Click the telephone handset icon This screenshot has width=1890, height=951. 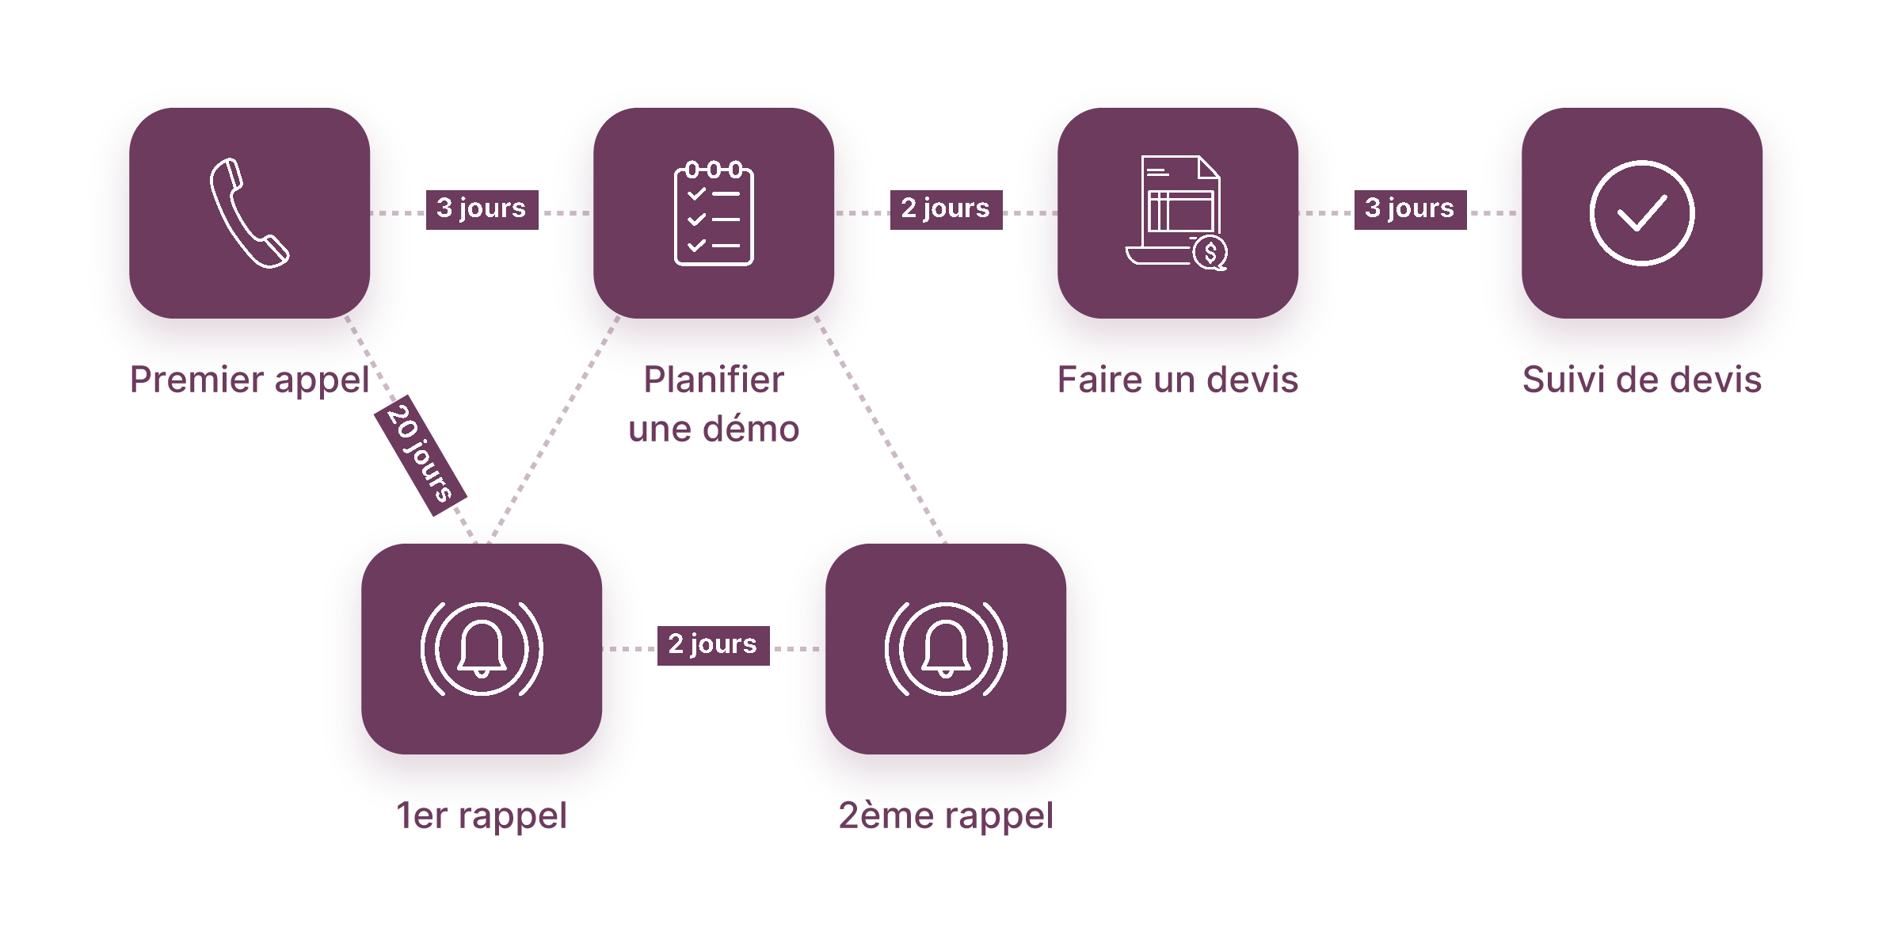[x=249, y=213]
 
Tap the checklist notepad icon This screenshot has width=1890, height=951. [x=713, y=213]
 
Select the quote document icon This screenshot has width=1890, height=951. [x=1176, y=213]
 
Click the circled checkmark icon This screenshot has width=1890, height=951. [x=1641, y=213]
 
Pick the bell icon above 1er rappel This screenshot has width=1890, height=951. [x=481, y=649]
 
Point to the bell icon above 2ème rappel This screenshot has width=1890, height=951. [x=945, y=649]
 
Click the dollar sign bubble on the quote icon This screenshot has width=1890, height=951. [x=1210, y=254]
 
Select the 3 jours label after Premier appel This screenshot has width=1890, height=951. [x=482, y=208]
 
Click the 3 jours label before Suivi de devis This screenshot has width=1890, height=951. [x=1410, y=208]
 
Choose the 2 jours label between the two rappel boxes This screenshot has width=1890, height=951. [x=713, y=644]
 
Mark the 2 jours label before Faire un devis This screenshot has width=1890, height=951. [x=946, y=208]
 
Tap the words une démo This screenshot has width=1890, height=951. [x=713, y=430]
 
